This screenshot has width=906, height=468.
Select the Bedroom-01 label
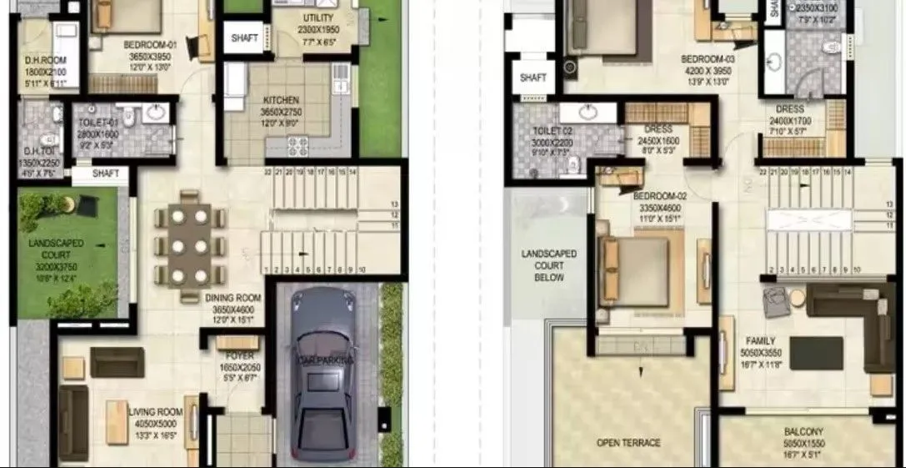pos(147,44)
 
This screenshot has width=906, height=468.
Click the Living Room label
pos(156,411)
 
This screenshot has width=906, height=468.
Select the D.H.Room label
pos(39,61)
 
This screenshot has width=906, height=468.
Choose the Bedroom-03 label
pos(708,59)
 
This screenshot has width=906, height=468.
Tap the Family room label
pos(760,341)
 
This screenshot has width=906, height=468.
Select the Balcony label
pos(803,432)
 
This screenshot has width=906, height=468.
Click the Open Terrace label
pos(628,442)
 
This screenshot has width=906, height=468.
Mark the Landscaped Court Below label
pos(549,265)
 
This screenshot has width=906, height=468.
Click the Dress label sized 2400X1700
pos(789,109)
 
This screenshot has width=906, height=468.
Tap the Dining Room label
pos(233,298)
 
